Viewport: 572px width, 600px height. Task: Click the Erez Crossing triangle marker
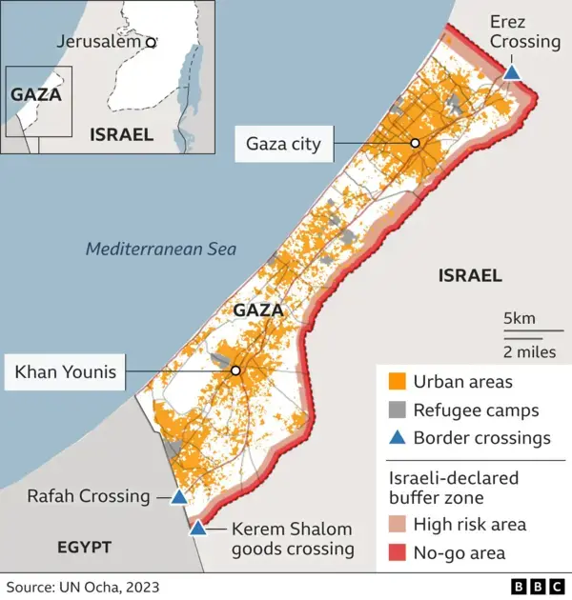(512, 72)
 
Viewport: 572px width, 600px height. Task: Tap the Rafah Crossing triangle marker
(178, 496)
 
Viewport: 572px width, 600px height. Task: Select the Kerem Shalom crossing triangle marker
(197, 528)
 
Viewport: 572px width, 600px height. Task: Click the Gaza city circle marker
(416, 143)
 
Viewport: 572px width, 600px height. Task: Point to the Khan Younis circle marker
(235, 370)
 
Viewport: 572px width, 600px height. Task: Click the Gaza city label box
(283, 145)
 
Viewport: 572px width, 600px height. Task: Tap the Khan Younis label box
(65, 372)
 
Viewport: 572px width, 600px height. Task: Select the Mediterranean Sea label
(161, 250)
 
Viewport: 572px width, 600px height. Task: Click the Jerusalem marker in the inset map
(151, 42)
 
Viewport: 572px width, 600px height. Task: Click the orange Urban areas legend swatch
(398, 383)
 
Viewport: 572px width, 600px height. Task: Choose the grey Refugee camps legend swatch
(398, 410)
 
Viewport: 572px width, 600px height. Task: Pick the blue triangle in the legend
(398, 438)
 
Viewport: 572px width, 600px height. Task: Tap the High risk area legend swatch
(398, 524)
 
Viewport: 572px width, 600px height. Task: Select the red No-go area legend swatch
(398, 552)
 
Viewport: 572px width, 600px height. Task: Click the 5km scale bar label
(520, 318)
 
